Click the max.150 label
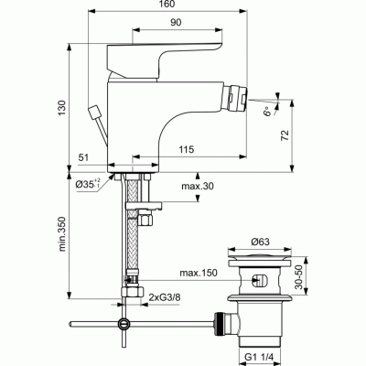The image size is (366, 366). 197,273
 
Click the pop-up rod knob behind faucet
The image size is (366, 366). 93,113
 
